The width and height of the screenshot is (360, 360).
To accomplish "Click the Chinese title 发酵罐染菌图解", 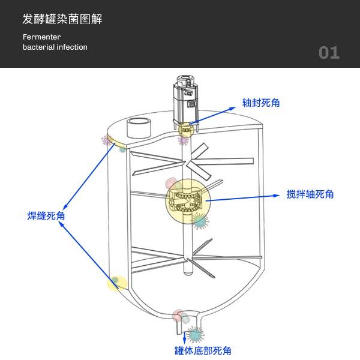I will click(x=62, y=19).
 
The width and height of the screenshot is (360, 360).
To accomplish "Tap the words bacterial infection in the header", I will click(x=55, y=47).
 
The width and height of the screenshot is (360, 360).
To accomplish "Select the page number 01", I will click(x=329, y=53).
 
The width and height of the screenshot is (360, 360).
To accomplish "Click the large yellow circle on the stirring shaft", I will click(x=188, y=202).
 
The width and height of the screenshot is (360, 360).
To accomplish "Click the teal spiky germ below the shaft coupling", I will click(x=199, y=221).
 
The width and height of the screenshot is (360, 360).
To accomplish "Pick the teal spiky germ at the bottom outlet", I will click(x=195, y=334).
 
